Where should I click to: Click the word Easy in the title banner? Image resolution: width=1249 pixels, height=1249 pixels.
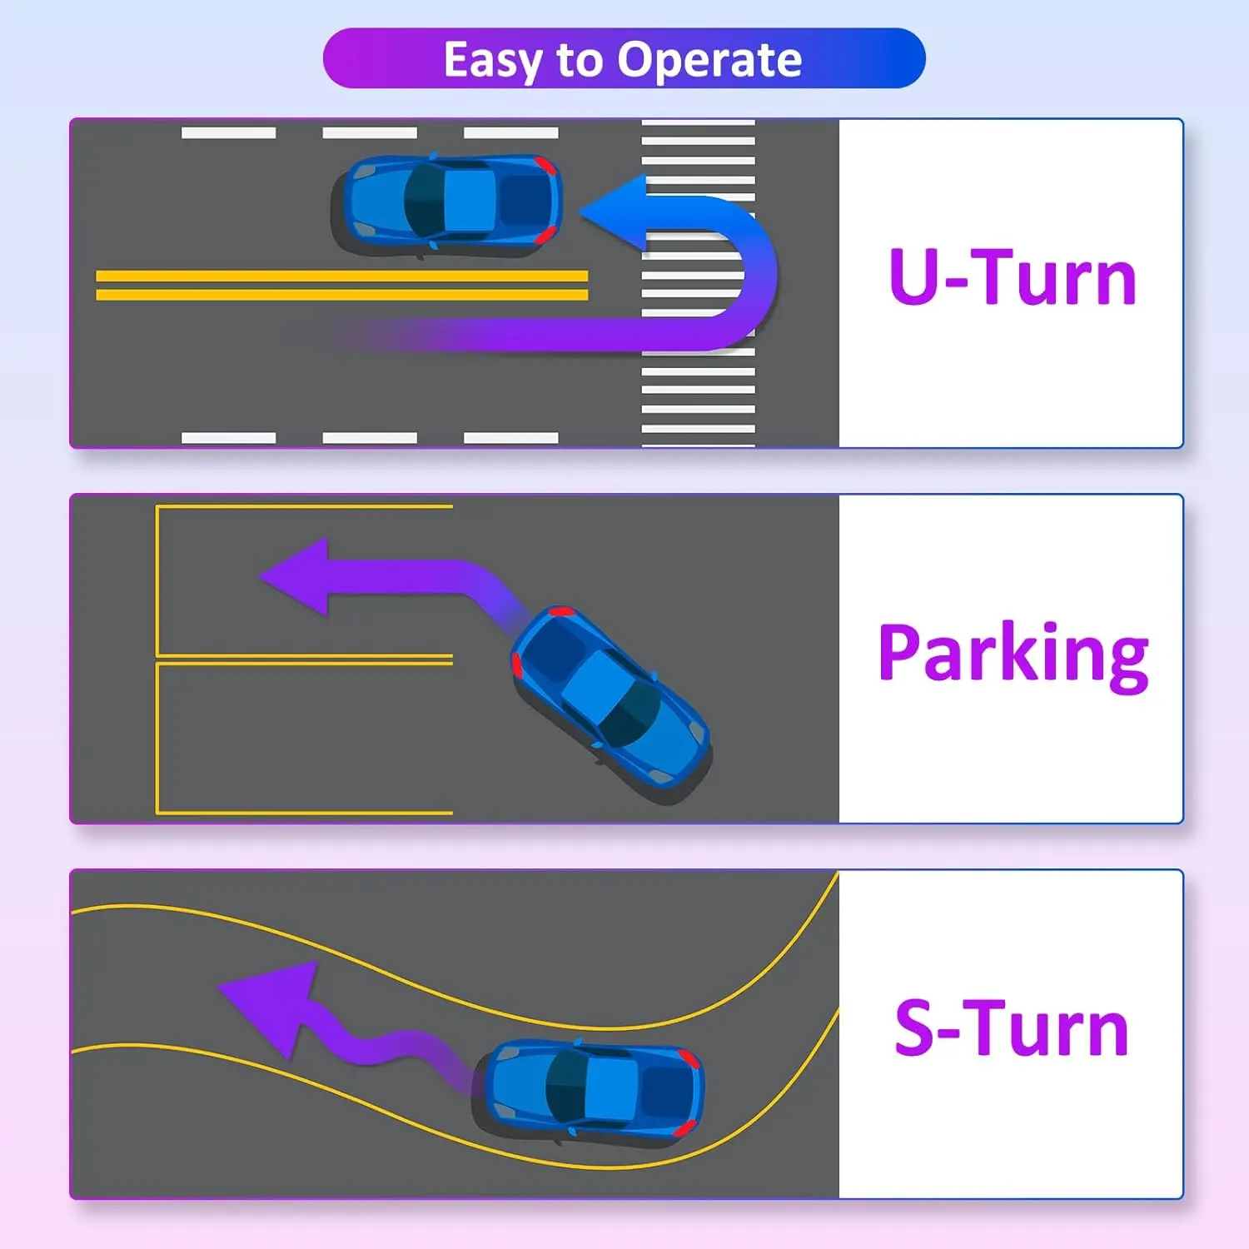[492, 60]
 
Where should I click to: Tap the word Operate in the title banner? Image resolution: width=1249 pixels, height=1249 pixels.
[709, 60]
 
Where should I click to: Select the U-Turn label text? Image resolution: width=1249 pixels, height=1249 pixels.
[1013, 277]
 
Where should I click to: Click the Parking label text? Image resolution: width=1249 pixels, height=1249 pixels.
[1013, 654]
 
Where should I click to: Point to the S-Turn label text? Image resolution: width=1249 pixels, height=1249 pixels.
[1011, 1029]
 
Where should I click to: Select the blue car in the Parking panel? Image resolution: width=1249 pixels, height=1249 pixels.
[610, 699]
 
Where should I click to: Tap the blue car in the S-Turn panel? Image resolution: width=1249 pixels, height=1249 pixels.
[593, 1087]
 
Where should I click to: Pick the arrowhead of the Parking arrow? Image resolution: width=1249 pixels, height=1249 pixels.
[296, 576]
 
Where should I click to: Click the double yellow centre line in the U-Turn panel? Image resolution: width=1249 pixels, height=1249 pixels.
[341, 285]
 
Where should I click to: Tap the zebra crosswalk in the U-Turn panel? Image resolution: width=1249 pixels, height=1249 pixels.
[698, 391]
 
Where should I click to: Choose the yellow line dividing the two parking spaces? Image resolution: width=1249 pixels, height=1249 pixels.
[304, 659]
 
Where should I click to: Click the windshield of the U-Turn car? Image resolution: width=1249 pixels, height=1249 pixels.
[425, 201]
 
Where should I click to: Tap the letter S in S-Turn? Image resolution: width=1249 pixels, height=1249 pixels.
[914, 1029]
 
